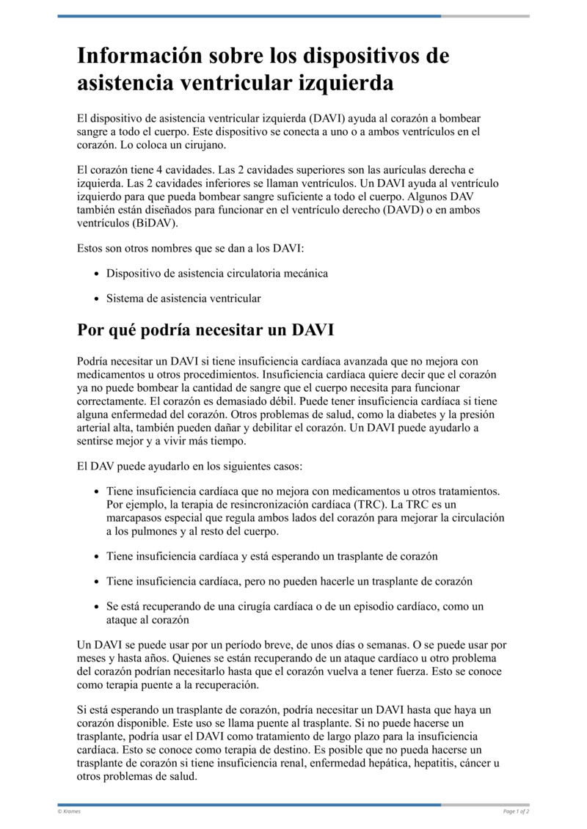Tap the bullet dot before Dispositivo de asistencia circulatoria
[98, 274]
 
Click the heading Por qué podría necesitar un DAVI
[205, 330]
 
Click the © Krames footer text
[70, 812]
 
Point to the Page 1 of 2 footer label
[516, 812]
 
